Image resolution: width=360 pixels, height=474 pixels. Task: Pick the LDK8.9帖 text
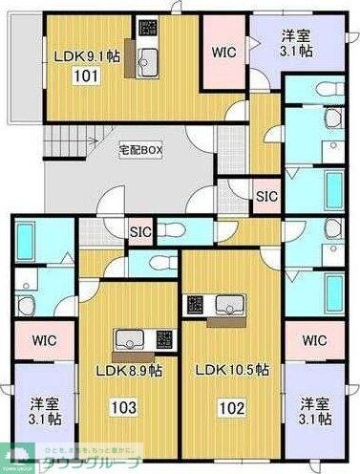(x=129, y=370)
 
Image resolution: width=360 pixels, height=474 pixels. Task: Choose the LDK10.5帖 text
(x=233, y=370)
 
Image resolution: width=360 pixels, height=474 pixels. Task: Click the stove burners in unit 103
(x=162, y=338)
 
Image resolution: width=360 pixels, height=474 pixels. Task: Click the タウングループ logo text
(x=95, y=460)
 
